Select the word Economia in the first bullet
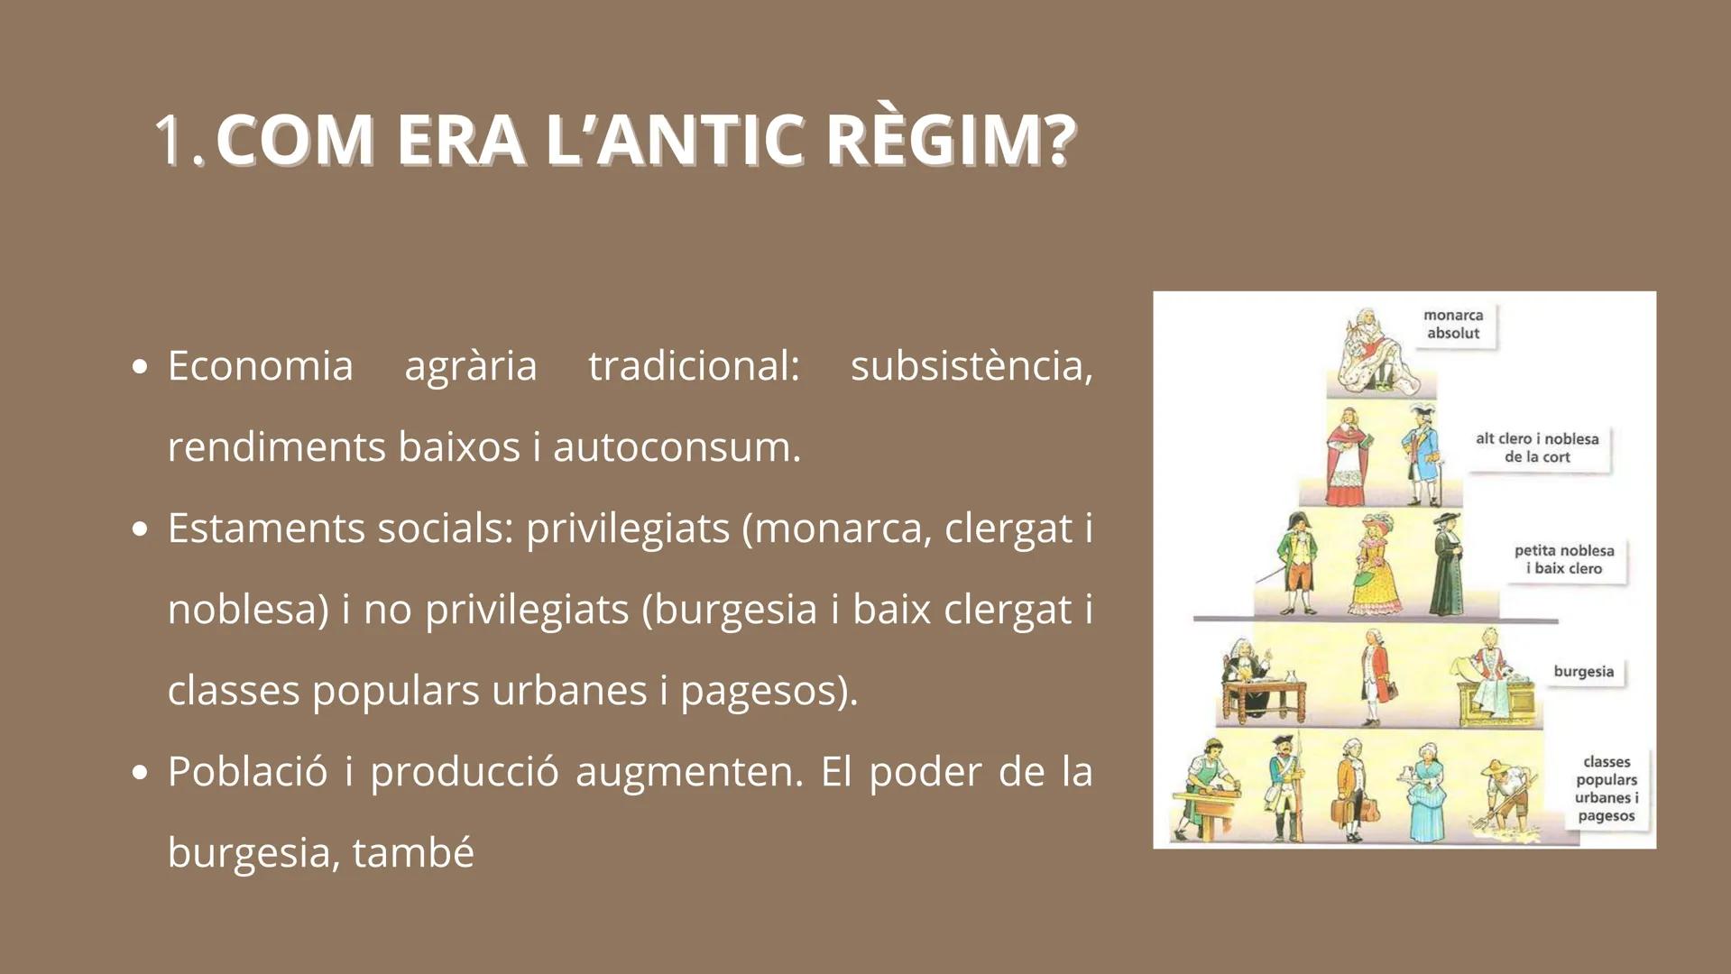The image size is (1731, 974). coord(260,366)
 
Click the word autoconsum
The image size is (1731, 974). coord(677,447)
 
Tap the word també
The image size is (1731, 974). coord(412,853)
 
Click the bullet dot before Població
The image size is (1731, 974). coord(139,773)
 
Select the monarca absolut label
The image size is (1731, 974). coord(1452,325)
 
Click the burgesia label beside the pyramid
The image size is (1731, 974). coord(1583,672)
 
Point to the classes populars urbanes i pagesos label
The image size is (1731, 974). coord(1606,789)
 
